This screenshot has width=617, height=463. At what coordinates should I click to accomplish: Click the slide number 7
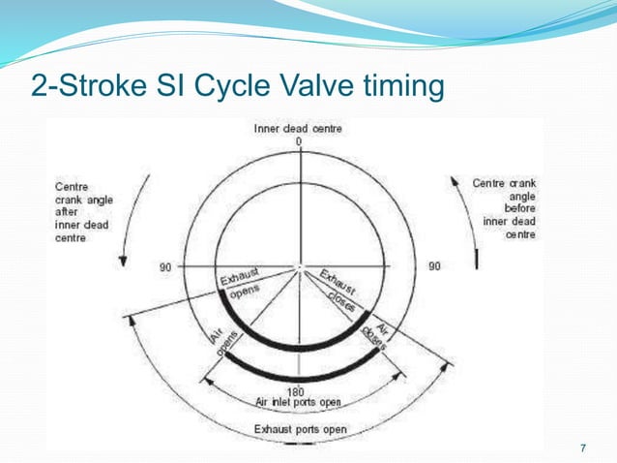582,447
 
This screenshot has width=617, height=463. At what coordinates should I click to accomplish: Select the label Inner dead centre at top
298,128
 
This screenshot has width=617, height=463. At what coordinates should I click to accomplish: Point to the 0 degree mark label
299,141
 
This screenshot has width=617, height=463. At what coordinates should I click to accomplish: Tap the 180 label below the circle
299,392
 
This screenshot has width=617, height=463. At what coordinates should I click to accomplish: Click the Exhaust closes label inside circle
340,289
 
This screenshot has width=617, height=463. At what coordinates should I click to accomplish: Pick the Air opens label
220,341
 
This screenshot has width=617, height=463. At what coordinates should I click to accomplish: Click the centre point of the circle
299,267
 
